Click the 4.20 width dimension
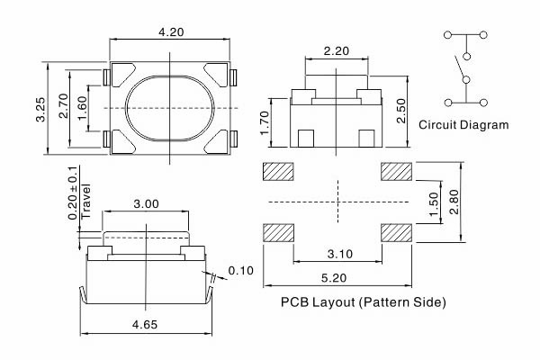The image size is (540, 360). click(171, 32)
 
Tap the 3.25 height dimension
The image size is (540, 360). click(40, 110)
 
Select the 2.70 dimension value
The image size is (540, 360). click(63, 106)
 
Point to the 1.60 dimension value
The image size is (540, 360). click(82, 108)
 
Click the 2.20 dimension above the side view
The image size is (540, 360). click(337, 51)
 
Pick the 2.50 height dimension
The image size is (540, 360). click(401, 111)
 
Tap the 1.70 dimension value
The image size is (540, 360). click(265, 123)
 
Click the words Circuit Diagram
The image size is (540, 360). click(463, 124)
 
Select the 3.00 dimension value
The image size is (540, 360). click(147, 204)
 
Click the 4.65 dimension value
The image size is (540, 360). click(145, 325)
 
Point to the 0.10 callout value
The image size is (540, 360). click(240, 270)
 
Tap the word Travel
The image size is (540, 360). click(85, 202)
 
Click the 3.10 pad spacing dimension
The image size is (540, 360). click(340, 254)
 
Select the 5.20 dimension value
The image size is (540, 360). click(334, 278)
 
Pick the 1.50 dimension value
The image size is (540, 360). click(435, 203)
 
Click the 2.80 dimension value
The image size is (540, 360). click(454, 202)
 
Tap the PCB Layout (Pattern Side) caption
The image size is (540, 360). click(364, 302)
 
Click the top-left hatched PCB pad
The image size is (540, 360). click(278, 172)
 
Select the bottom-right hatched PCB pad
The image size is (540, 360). click(396, 232)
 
